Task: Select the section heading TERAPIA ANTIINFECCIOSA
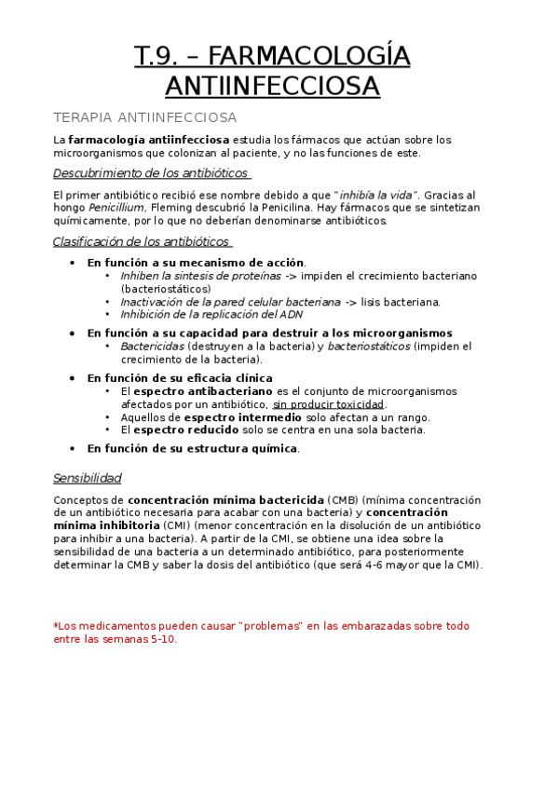tap(144, 117)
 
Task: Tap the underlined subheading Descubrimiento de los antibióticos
tap(151, 173)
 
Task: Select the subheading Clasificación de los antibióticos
tap(142, 242)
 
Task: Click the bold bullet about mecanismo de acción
tap(196, 264)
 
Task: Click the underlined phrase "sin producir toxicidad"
tap(328, 404)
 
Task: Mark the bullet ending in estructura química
tap(193, 448)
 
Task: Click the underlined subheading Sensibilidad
tap(88, 478)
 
